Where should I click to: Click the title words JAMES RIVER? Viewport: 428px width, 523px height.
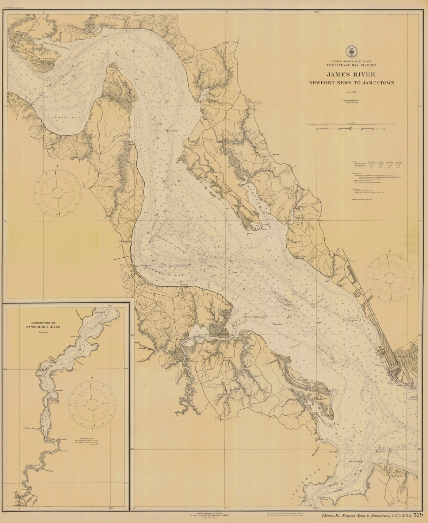tap(351, 74)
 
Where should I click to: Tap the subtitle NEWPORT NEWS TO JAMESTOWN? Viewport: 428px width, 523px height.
tap(351, 83)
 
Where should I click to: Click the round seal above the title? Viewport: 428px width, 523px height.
tap(351, 51)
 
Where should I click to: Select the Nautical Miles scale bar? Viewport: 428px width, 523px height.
tap(351, 124)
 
